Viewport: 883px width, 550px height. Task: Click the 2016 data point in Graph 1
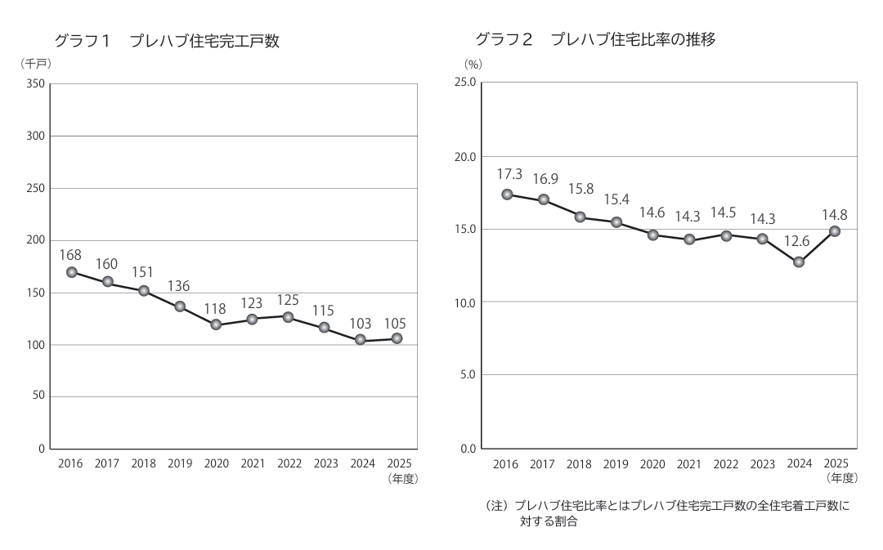pyautogui.click(x=71, y=272)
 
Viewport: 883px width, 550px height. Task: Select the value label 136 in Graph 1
pyautogui.click(x=178, y=286)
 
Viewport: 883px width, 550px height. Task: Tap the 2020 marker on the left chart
pyautogui.click(x=216, y=324)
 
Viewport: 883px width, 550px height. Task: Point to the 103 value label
pyautogui.click(x=361, y=324)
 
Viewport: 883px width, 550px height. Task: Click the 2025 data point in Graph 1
pyautogui.click(x=397, y=338)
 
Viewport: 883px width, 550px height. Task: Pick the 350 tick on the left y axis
pyautogui.click(x=35, y=84)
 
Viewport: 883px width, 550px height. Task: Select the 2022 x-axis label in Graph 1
pyautogui.click(x=289, y=463)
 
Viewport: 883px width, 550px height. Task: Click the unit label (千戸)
pyautogui.click(x=36, y=64)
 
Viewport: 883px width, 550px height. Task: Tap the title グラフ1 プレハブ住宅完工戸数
pyautogui.click(x=167, y=41)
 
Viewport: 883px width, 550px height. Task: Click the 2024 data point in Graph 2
pyautogui.click(x=799, y=262)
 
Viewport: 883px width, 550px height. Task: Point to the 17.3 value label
pyautogui.click(x=509, y=175)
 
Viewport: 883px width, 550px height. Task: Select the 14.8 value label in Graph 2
pyautogui.click(x=835, y=215)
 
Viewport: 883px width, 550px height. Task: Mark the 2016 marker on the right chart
pyautogui.click(x=507, y=195)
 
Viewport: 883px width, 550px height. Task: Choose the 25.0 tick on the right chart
pyautogui.click(x=465, y=83)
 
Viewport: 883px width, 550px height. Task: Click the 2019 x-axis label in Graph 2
pyautogui.click(x=616, y=464)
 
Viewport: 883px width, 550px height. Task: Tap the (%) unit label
pyautogui.click(x=473, y=65)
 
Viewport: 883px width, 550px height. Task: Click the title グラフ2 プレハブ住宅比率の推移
pyautogui.click(x=596, y=39)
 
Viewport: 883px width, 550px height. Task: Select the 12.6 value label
pyautogui.click(x=797, y=242)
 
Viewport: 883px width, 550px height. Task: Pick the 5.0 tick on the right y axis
pyautogui.click(x=468, y=374)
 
